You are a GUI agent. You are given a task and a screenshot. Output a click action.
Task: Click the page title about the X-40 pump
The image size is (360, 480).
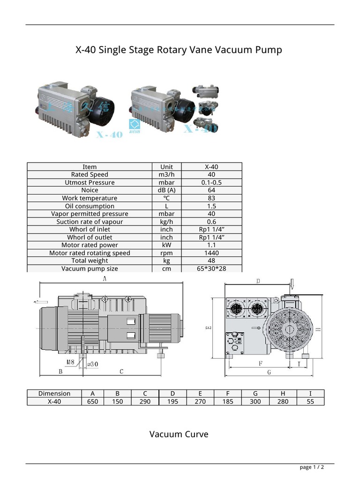pyautogui.click(x=179, y=50)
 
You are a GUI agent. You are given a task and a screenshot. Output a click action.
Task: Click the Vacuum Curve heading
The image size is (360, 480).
pyautogui.click(x=179, y=434)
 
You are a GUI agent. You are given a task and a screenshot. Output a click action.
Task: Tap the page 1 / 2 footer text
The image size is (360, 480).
pyautogui.click(x=312, y=467)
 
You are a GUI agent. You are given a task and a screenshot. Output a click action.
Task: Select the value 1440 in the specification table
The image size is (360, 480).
pyautogui.click(x=211, y=253)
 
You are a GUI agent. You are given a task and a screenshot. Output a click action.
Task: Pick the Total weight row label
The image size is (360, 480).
pyautogui.click(x=90, y=261)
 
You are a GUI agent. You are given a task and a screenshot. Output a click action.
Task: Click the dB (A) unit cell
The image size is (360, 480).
pyautogui.click(x=166, y=190)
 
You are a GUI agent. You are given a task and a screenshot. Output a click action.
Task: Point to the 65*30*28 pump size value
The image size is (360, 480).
pyautogui.click(x=211, y=269)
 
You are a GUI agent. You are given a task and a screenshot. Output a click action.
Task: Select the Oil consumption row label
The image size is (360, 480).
pyautogui.click(x=90, y=206)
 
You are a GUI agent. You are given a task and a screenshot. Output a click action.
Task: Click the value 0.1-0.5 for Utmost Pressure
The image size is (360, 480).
pyautogui.click(x=211, y=182)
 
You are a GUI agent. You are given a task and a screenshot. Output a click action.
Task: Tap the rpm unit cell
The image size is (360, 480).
pyautogui.click(x=166, y=253)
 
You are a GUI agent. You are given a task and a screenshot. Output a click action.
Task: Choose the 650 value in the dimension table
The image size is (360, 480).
pyautogui.click(x=92, y=402)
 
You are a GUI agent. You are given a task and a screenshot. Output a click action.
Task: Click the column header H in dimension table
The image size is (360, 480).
pyautogui.click(x=283, y=394)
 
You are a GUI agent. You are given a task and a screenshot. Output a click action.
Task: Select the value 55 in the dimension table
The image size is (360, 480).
pyautogui.click(x=310, y=402)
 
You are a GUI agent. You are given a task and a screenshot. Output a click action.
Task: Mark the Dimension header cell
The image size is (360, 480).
pyautogui.click(x=54, y=394)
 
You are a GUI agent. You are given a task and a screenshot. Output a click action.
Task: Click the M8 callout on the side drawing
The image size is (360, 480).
pyautogui.click(x=70, y=362)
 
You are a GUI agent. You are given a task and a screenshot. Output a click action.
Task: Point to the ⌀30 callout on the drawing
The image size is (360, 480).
pyautogui.click(x=92, y=364)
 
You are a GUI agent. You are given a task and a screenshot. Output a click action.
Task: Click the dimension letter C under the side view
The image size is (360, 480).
pyautogui.click(x=121, y=372)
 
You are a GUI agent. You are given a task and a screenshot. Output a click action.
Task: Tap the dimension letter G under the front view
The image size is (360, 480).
pyautogui.click(x=269, y=372)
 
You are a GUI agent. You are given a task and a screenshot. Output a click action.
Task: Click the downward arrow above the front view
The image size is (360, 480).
pyautogui.click(x=292, y=284)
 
